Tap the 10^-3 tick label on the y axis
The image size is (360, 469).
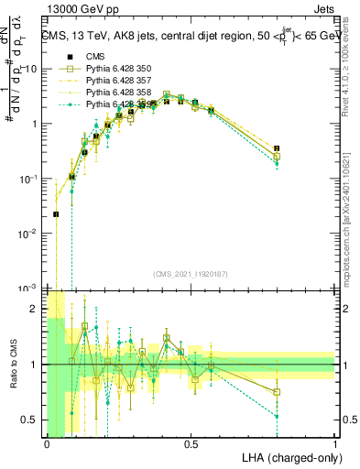point(27,289)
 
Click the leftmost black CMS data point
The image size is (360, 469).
point(56,214)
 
